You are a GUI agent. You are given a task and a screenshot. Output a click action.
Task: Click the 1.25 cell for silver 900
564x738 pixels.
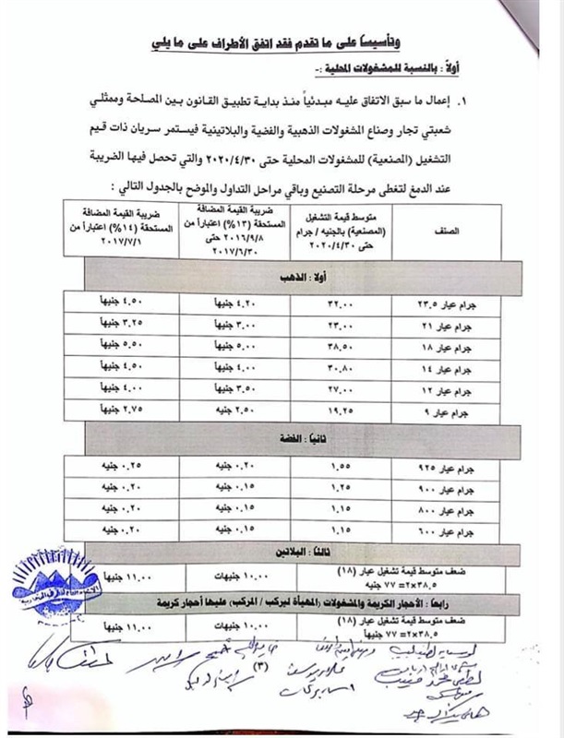pos(341,482)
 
